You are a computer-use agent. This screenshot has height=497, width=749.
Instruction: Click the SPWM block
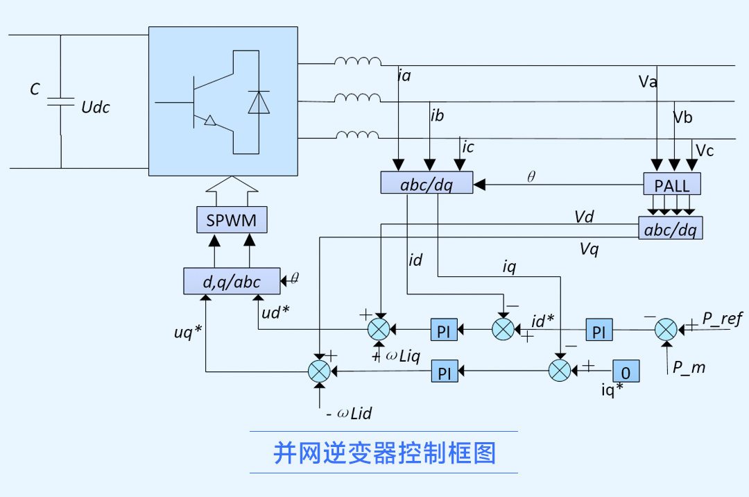[x=232, y=221]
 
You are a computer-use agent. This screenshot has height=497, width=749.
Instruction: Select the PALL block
[x=672, y=184]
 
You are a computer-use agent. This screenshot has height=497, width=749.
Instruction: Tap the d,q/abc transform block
[x=232, y=281]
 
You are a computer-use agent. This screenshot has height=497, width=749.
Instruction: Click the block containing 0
[x=626, y=371]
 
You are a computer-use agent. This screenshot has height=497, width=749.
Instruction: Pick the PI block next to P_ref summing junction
[x=599, y=331]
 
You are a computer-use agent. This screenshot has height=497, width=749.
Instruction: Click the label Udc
[x=96, y=108]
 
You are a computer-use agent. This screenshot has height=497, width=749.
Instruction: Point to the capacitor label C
[x=35, y=89]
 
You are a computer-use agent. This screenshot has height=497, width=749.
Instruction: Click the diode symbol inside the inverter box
[x=259, y=102]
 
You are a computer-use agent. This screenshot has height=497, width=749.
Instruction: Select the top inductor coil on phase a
[x=357, y=62]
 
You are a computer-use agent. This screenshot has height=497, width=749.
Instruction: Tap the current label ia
[x=404, y=76]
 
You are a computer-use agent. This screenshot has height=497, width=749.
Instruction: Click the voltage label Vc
[x=705, y=151]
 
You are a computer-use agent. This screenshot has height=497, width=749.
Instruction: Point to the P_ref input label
[x=722, y=319]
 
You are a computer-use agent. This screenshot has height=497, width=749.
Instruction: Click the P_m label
[x=689, y=368]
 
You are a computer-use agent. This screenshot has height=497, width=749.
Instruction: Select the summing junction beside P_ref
[x=666, y=328]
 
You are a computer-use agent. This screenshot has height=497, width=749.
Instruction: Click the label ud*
[x=275, y=312]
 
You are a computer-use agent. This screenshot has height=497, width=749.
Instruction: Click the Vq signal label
[x=589, y=249]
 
